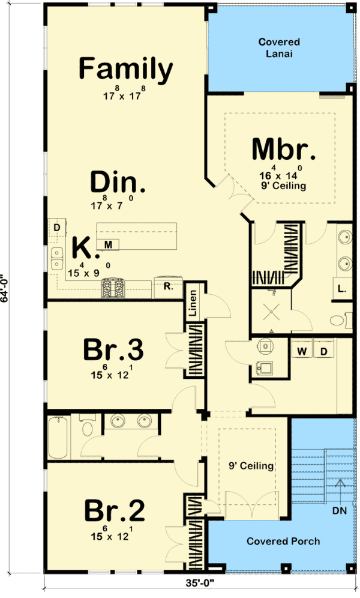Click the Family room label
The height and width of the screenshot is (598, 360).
[126, 69]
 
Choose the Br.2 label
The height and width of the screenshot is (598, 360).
[114, 512]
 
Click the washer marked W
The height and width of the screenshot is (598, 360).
[302, 351]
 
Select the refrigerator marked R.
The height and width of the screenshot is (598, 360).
[167, 287]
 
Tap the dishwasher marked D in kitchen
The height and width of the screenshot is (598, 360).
[56, 228]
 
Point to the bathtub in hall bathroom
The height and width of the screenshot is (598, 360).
[58, 436]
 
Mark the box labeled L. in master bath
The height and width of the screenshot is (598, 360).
[341, 288]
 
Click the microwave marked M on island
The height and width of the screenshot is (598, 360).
[109, 244]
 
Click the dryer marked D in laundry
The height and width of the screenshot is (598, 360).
[323, 351]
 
